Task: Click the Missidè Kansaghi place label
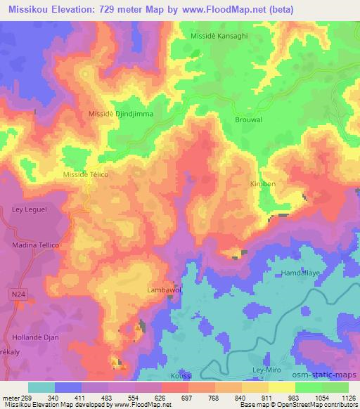point(219,34)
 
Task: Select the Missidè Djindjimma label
point(120,112)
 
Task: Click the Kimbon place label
point(262,183)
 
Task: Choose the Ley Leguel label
point(27,209)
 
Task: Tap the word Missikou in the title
point(28,10)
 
